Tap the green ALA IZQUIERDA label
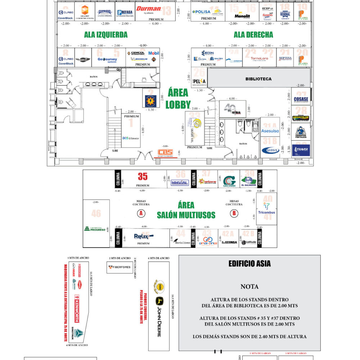(x=106, y=35)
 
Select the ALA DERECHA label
(x=253, y=35)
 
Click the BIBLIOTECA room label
(x=258, y=79)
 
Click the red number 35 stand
(x=143, y=176)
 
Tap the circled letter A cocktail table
(x=141, y=213)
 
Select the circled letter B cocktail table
(x=234, y=213)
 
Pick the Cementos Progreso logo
(x=95, y=229)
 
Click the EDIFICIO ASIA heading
(x=249, y=264)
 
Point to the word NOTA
(x=249, y=287)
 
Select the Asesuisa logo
(x=270, y=131)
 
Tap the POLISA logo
(x=201, y=12)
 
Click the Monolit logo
(x=242, y=16)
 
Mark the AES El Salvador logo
(x=130, y=138)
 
